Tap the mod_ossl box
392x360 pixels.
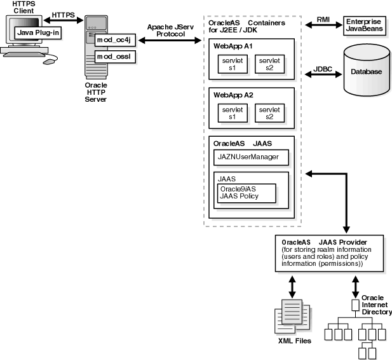click(x=114, y=57)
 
